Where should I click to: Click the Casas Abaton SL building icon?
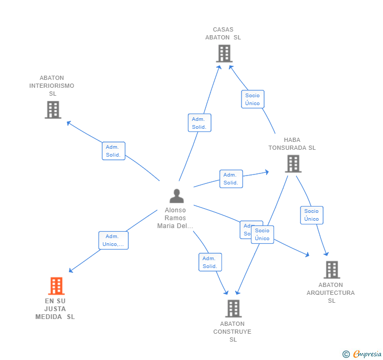click(224, 54)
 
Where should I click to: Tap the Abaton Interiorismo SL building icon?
click(53, 110)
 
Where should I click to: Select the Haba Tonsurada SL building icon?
click(293, 163)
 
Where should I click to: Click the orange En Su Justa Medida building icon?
click(56, 286)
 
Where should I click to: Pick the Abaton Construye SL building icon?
click(233, 308)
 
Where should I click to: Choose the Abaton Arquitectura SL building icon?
click(331, 270)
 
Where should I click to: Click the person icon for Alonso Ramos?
click(177, 196)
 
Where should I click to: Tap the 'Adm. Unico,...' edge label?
click(113, 240)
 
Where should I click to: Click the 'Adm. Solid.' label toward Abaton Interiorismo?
click(113, 151)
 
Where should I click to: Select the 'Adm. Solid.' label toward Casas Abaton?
click(199, 123)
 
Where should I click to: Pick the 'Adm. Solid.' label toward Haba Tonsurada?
click(230, 179)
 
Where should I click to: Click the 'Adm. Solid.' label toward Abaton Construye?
click(210, 262)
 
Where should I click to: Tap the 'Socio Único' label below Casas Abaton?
click(253, 99)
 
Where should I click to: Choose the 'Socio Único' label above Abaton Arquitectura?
click(311, 215)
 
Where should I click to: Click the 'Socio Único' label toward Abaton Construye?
click(263, 234)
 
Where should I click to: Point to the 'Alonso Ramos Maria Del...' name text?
click(175, 218)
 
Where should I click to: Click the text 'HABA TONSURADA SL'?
click(292, 144)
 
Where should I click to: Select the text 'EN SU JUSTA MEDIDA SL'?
click(55, 309)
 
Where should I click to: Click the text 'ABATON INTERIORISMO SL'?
click(52, 86)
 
